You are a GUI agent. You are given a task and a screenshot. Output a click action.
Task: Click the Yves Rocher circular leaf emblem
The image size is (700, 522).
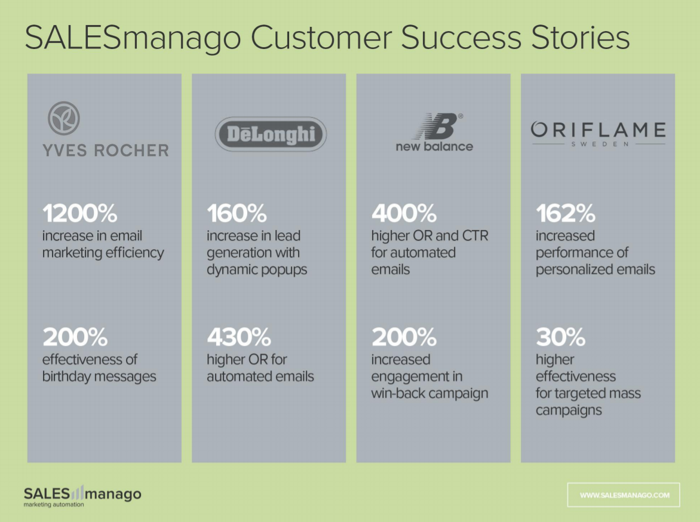point(64,118)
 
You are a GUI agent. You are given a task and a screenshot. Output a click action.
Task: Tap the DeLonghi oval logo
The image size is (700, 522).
point(271,134)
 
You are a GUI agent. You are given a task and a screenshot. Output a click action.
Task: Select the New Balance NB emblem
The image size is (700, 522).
point(437,126)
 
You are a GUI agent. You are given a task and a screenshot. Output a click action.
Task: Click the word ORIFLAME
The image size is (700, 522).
point(598,130)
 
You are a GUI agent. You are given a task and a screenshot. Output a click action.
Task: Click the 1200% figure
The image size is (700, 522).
point(80,213)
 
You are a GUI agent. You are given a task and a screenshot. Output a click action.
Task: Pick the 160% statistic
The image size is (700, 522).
point(237,213)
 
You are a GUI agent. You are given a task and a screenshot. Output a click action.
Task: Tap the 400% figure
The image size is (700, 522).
point(404,213)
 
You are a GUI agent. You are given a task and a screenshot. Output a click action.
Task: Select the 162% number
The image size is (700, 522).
point(566,213)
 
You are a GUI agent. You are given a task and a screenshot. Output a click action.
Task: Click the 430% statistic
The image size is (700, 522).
point(239,337)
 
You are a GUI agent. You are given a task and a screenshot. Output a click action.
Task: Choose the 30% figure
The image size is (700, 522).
point(561,337)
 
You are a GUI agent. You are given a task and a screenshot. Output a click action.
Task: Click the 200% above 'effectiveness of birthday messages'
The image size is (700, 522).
point(75,337)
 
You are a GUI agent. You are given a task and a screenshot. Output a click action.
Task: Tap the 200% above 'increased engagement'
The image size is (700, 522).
point(404,337)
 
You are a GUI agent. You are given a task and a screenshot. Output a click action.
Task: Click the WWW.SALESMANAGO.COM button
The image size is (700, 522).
point(624,495)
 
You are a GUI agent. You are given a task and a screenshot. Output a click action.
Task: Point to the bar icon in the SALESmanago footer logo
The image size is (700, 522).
point(77,493)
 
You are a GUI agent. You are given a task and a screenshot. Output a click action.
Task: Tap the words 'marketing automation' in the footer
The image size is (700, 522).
point(54,505)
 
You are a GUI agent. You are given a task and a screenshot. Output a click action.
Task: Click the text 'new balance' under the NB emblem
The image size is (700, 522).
point(434,146)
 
